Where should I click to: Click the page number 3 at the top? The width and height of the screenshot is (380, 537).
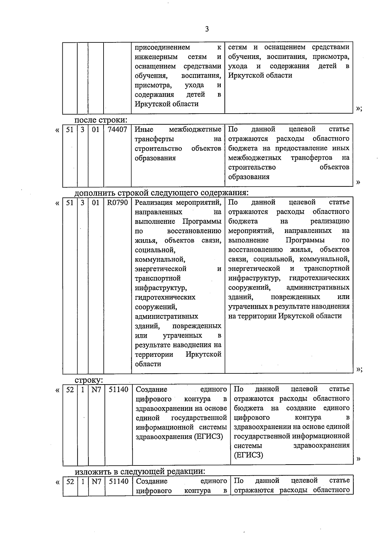(207, 29)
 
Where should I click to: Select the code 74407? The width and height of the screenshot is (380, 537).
(117, 129)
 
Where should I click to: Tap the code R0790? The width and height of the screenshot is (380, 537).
(117, 203)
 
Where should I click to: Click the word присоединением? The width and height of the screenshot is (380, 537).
(162, 47)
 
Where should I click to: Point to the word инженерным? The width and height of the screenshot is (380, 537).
(156, 57)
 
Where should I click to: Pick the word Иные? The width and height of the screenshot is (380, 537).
(144, 129)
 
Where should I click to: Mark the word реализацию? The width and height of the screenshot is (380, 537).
(330, 221)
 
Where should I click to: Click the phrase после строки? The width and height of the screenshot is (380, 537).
(101, 120)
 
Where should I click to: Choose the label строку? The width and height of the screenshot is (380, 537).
(89, 380)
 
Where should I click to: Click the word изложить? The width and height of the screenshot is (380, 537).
(92, 471)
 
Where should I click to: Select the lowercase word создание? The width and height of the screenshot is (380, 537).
(301, 408)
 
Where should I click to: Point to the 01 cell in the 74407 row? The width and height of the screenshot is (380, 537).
(95, 129)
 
